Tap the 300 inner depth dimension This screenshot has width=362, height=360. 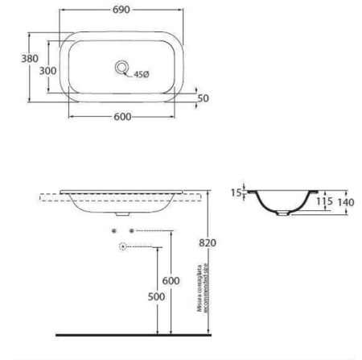pyautogui.click(x=48, y=70)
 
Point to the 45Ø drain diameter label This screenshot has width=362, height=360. pyautogui.click(x=142, y=74)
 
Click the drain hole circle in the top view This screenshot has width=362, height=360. pyautogui.click(x=122, y=68)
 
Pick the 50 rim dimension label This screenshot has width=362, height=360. pyautogui.click(x=204, y=98)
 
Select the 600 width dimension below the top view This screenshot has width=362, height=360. pyautogui.click(x=122, y=117)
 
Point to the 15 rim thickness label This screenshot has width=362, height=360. pyautogui.click(x=236, y=192)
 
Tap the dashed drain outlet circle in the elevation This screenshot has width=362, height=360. pyautogui.click(x=122, y=246)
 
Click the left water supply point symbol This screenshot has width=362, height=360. pyautogui.click(x=115, y=230)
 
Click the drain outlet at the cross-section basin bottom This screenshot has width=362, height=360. pyautogui.click(x=284, y=215)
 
